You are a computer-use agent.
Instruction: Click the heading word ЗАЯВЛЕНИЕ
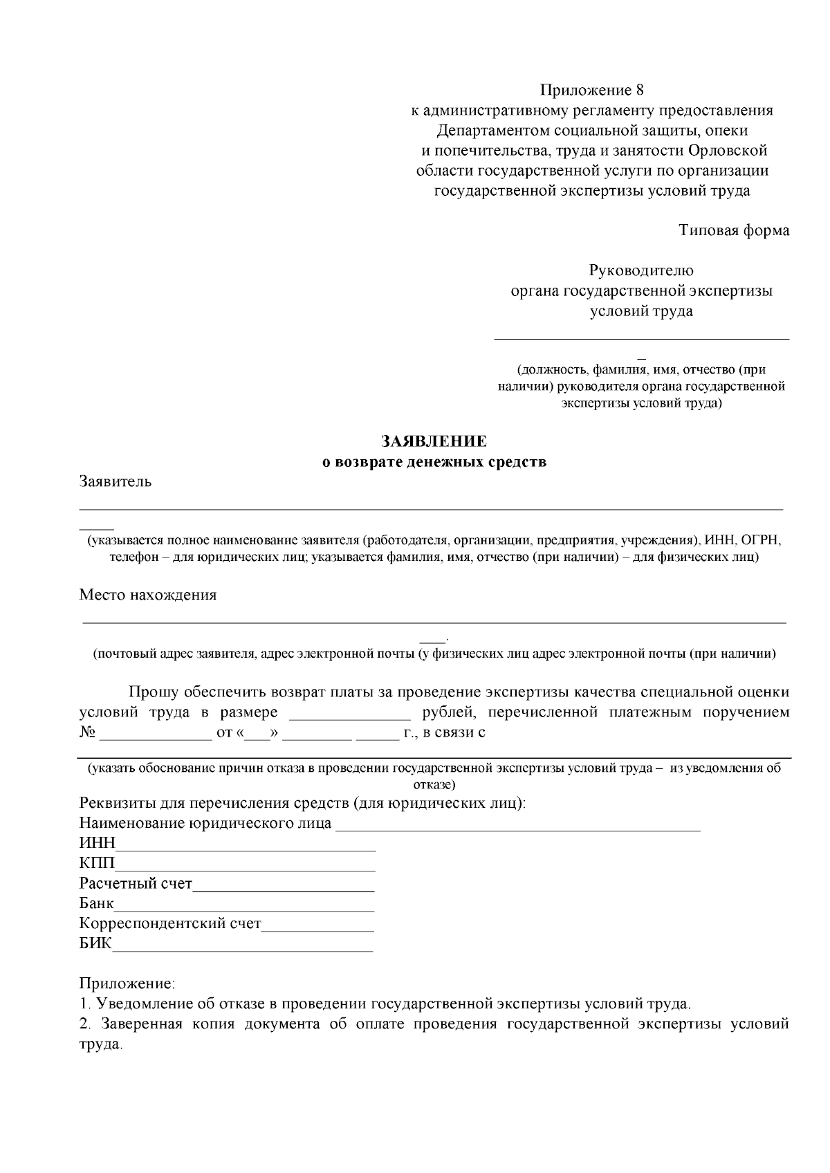434,441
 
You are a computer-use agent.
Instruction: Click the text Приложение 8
591,90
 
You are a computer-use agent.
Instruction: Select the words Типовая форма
734,230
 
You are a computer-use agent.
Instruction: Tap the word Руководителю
641,270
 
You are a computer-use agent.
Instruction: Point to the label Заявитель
115,482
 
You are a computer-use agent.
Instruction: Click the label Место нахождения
148,595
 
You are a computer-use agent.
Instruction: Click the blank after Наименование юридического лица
518,826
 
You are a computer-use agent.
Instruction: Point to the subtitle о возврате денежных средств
434,462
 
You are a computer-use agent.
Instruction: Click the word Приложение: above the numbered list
127,983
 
